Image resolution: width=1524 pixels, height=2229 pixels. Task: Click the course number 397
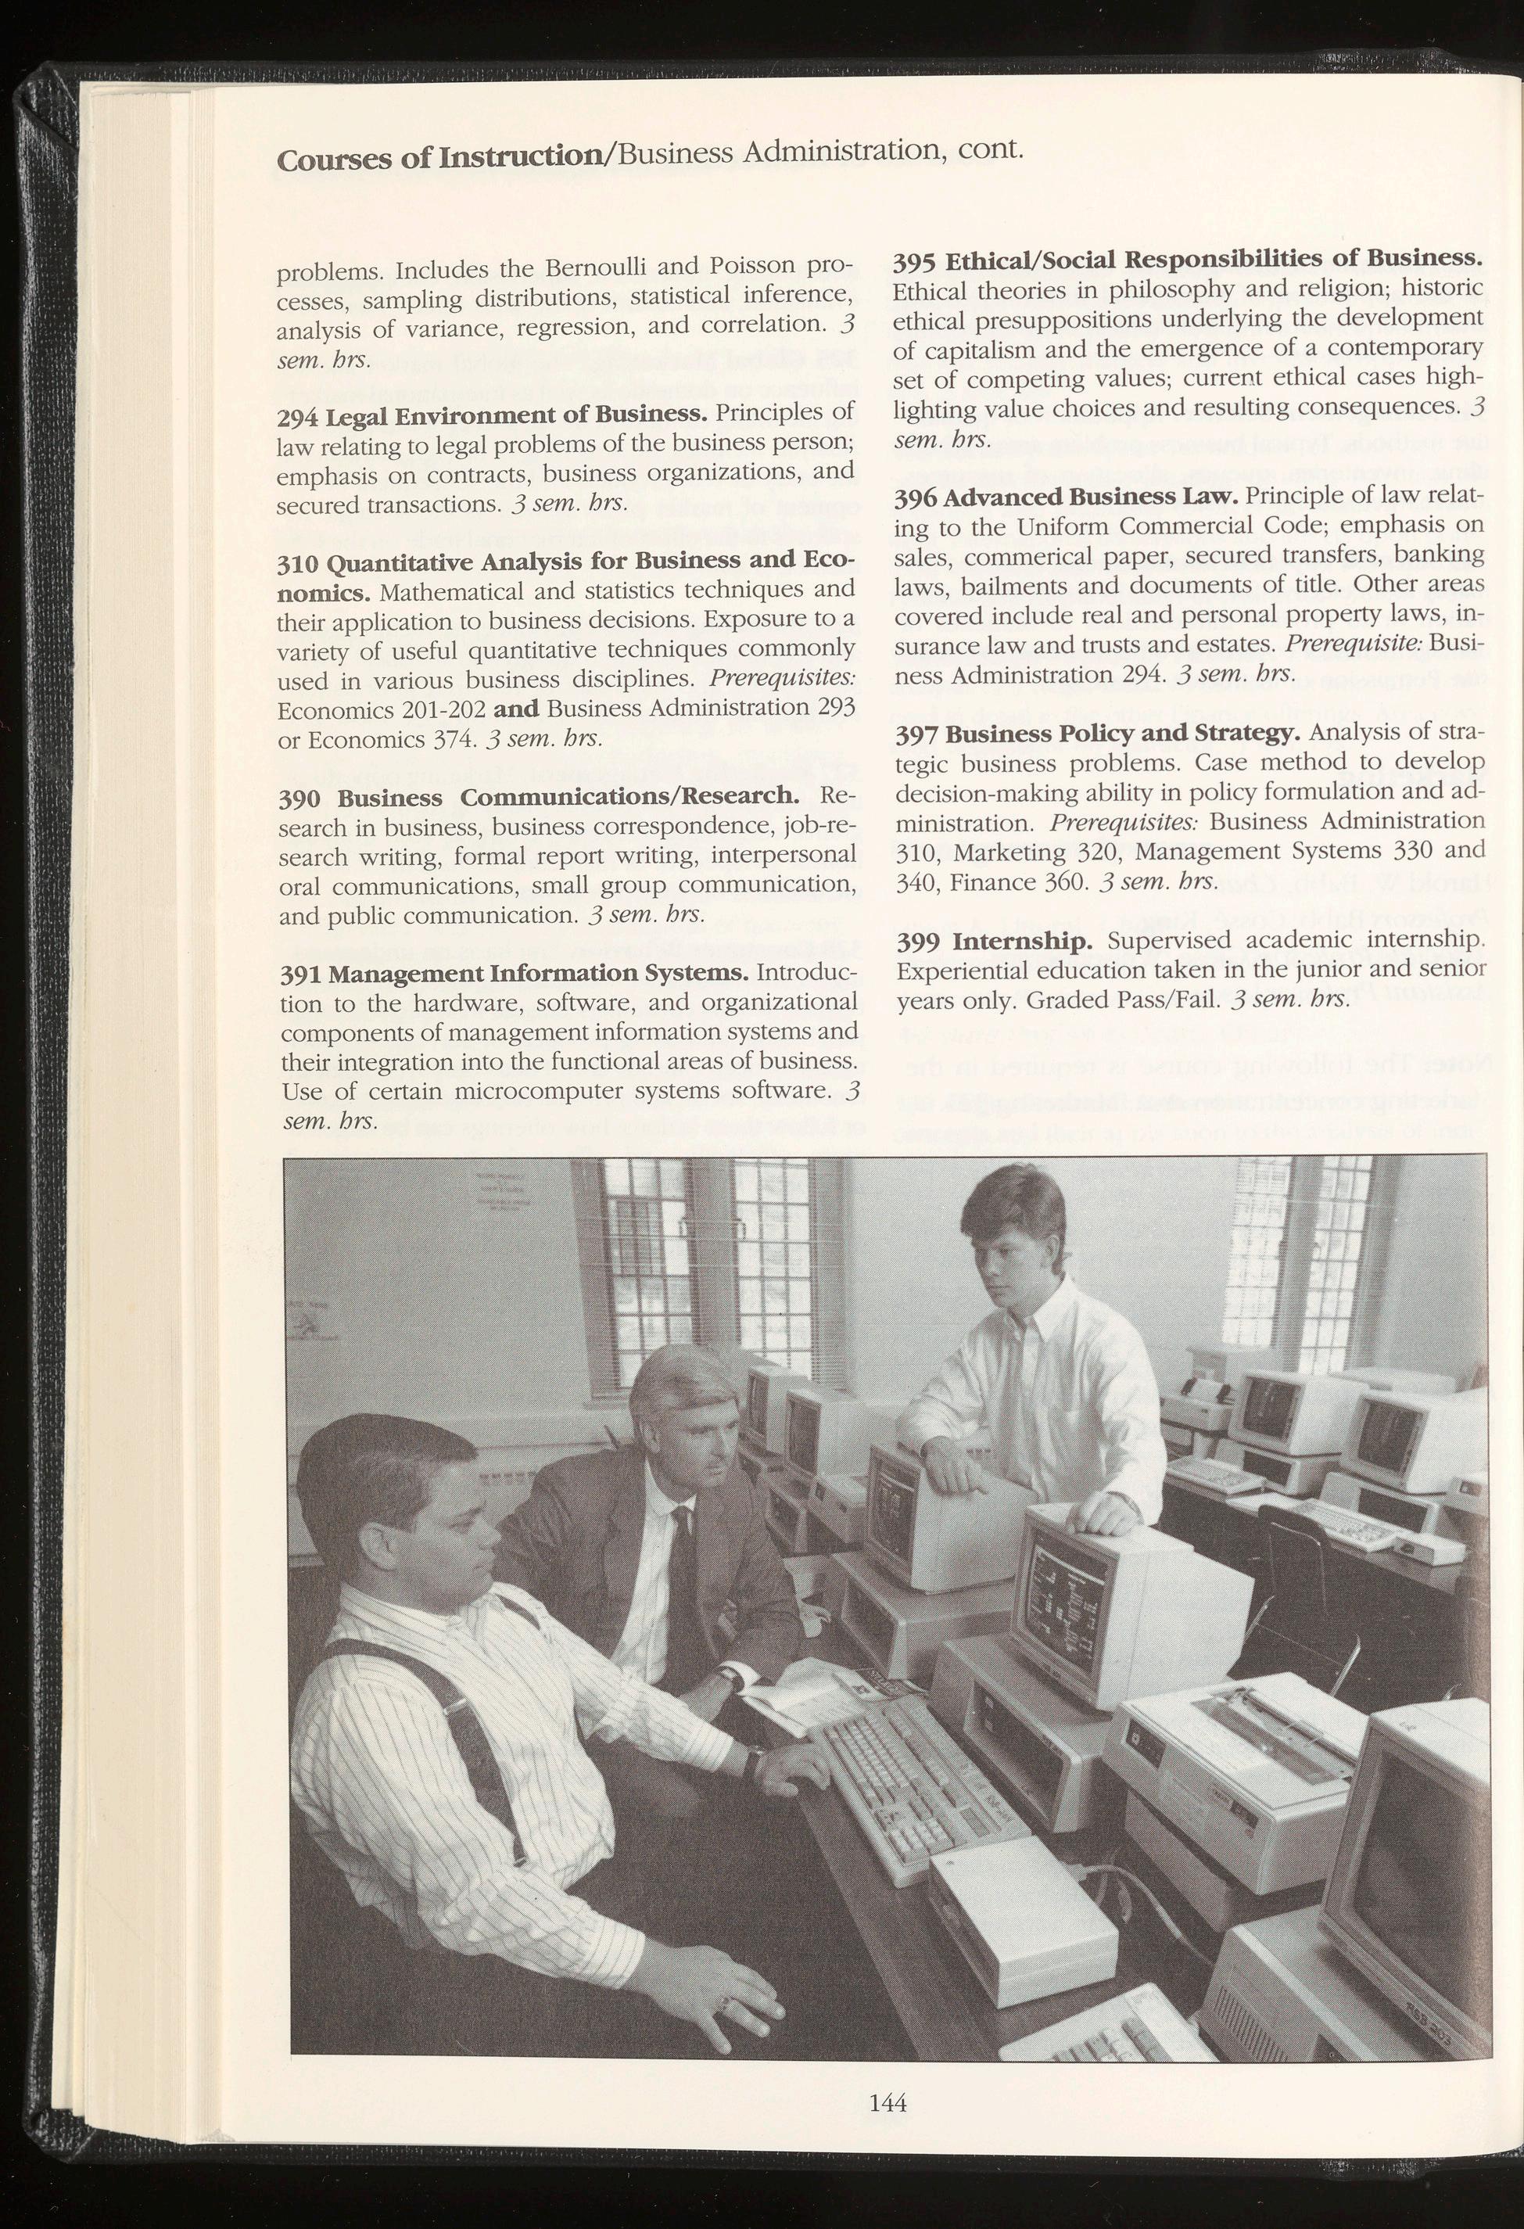point(915,736)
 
